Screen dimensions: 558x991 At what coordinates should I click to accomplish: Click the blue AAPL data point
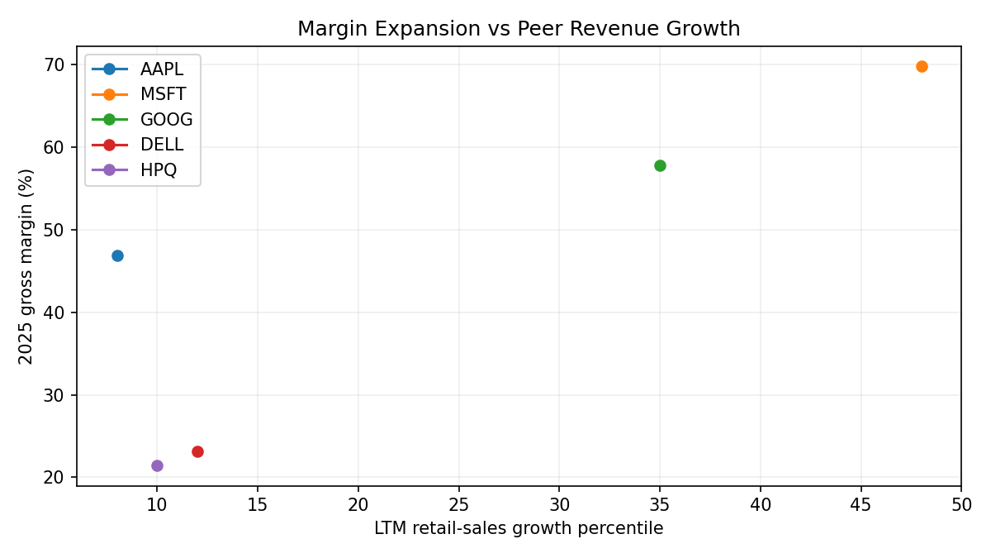(117, 255)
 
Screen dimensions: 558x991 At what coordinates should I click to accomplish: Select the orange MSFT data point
(922, 66)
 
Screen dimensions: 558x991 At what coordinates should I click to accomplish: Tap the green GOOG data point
(660, 165)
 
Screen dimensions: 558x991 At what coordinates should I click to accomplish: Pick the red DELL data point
(197, 451)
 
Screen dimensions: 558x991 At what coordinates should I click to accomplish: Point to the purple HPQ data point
(157, 465)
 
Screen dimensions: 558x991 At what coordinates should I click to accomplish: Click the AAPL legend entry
(162, 69)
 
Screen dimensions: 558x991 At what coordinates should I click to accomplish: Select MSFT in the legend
(164, 94)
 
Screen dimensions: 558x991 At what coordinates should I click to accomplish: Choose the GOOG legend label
(166, 120)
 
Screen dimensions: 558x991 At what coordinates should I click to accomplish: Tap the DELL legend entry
(162, 145)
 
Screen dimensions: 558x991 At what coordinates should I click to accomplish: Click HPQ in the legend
(159, 170)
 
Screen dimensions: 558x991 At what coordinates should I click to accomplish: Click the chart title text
(519, 29)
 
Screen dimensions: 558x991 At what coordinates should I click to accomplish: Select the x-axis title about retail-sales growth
(519, 528)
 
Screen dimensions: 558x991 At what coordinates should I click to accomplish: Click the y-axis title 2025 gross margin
(26, 266)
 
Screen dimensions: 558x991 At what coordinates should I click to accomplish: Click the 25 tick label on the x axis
(458, 503)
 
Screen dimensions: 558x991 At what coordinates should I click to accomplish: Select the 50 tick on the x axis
(961, 503)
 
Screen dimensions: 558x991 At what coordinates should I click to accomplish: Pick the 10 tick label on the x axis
(157, 503)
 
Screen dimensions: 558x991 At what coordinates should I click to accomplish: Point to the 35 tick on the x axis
(660, 503)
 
